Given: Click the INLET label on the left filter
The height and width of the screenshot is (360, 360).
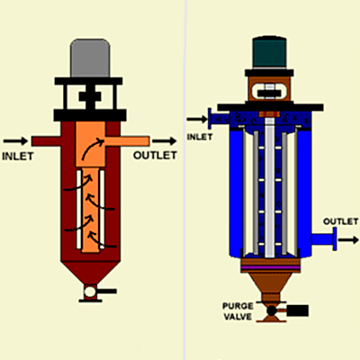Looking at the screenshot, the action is pos(18,157).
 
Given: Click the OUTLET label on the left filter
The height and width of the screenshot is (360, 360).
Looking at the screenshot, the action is pos(155,156).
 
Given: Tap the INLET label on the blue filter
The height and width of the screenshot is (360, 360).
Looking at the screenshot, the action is pos(200,137).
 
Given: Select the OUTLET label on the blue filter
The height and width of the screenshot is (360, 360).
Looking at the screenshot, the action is pos(340,221).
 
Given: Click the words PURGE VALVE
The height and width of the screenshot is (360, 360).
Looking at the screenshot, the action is pos(238,311).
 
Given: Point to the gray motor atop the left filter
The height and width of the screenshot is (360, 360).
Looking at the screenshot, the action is pos(90,58).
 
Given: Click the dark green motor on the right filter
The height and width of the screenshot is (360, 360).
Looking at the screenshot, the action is pos(269,53).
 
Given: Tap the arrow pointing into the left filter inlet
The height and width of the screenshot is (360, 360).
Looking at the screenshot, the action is pos(15,140).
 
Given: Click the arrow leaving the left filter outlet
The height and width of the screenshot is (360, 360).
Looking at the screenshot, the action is pos(164,140).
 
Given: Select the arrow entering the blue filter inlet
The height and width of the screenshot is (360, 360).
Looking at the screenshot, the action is pos(197,119).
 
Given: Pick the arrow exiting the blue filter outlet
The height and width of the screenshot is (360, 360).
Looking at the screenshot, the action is pos(348,239).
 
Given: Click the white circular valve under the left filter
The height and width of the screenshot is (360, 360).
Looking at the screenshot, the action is pos(90,292).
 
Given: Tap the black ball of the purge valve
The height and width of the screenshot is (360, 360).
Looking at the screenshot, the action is pos(272,310).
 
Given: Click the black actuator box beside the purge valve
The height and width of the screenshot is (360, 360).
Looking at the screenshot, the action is pos(298,310).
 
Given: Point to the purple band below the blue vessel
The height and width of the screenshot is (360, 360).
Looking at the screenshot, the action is pos(270,267).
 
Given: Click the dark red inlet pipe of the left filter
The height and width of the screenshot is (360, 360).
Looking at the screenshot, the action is pos(47,141).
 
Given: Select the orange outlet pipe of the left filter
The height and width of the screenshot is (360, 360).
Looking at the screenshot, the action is pos(127,141).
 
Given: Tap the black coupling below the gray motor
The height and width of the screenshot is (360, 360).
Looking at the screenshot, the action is pos(90,96).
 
